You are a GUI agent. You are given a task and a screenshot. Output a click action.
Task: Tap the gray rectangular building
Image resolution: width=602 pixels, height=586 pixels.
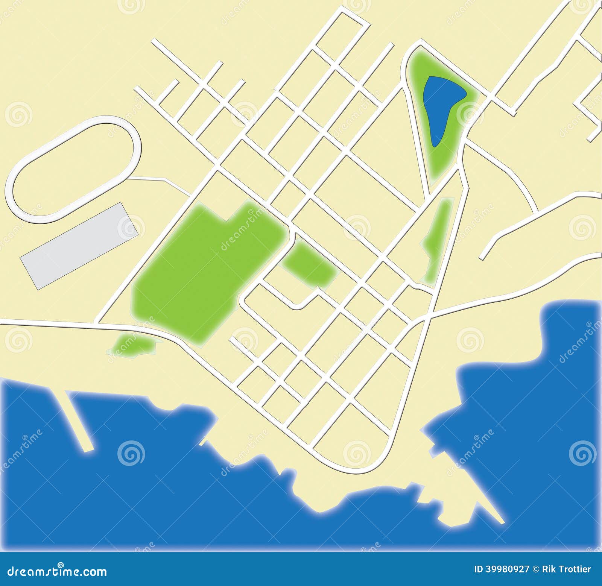pos(79,246)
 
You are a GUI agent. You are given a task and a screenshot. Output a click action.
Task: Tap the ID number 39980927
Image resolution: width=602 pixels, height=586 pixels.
pos(502,569)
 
